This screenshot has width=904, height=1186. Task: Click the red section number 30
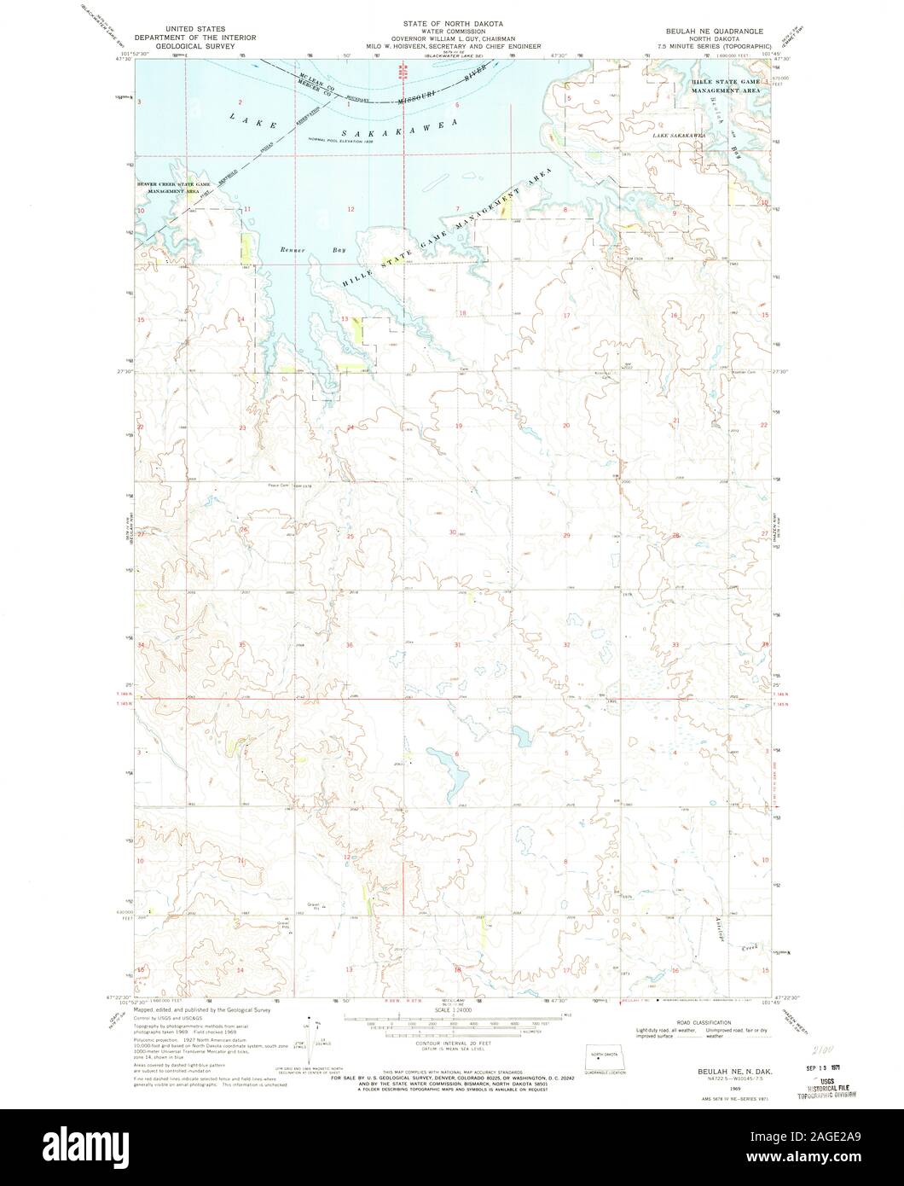[x=453, y=532]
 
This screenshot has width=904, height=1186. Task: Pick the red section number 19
[x=458, y=425]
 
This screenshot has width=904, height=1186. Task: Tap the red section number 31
[x=457, y=644]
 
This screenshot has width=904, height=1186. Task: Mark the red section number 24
[x=350, y=427]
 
